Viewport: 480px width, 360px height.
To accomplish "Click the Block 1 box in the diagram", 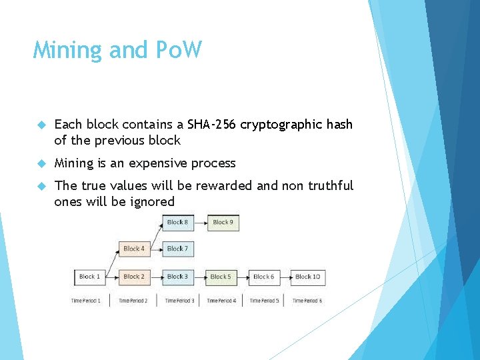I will click(x=89, y=277).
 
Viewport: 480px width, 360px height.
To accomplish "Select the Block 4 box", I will click(x=133, y=249).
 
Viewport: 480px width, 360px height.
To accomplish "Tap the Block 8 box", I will click(x=177, y=222).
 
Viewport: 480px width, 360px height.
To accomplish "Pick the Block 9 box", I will click(x=223, y=222).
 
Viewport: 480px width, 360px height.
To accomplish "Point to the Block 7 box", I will click(x=177, y=249).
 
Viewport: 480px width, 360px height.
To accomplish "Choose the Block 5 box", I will click(x=221, y=277).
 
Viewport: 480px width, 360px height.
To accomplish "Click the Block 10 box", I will click(x=307, y=277).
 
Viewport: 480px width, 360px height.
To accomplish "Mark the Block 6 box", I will click(x=263, y=277).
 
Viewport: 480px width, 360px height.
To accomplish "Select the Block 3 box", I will click(x=177, y=277).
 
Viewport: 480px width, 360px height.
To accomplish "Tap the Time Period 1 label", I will click(x=86, y=301).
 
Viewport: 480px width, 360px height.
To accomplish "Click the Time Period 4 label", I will click(x=221, y=301).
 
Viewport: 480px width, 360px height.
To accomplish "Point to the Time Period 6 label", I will click(x=307, y=301).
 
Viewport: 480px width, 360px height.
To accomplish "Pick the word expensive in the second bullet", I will click(x=159, y=163).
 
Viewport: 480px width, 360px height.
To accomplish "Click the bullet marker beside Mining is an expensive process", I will click(x=41, y=163).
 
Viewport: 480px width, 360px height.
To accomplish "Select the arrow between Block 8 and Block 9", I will click(x=200, y=222).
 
